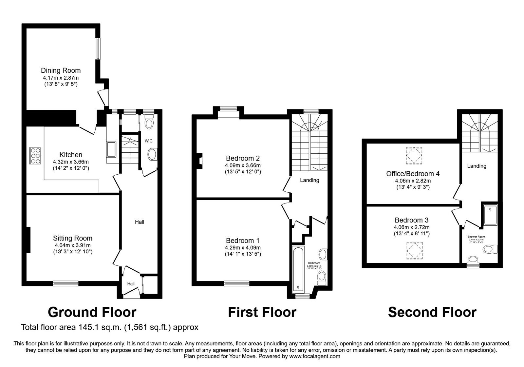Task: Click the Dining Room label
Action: pyautogui.click(x=61, y=70)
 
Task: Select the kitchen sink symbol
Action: pyautogui.click(x=111, y=149)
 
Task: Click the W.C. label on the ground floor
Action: pyautogui.click(x=149, y=141)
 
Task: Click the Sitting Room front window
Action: pyautogui.click(x=66, y=283)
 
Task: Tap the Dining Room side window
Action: pyautogui.click(x=98, y=49)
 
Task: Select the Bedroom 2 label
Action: pyautogui.click(x=242, y=159)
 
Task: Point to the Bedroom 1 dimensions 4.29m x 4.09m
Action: pyautogui.click(x=243, y=248)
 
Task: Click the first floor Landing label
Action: pyautogui.click(x=309, y=180)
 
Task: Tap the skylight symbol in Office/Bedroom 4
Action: pyautogui.click(x=414, y=155)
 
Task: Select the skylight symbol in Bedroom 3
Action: pyautogui.click(x=414, y=251)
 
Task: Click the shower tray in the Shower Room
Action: pyautogui.click(x=490, y=215)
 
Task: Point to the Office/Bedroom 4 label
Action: pyautogui.click(x=413, y=174)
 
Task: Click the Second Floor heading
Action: pyautogui.click(x=432, y=312)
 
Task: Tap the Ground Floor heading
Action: pyautogui.click(x=92, y=312)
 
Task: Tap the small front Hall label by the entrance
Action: pyautogui.click(x=131, y=284)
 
